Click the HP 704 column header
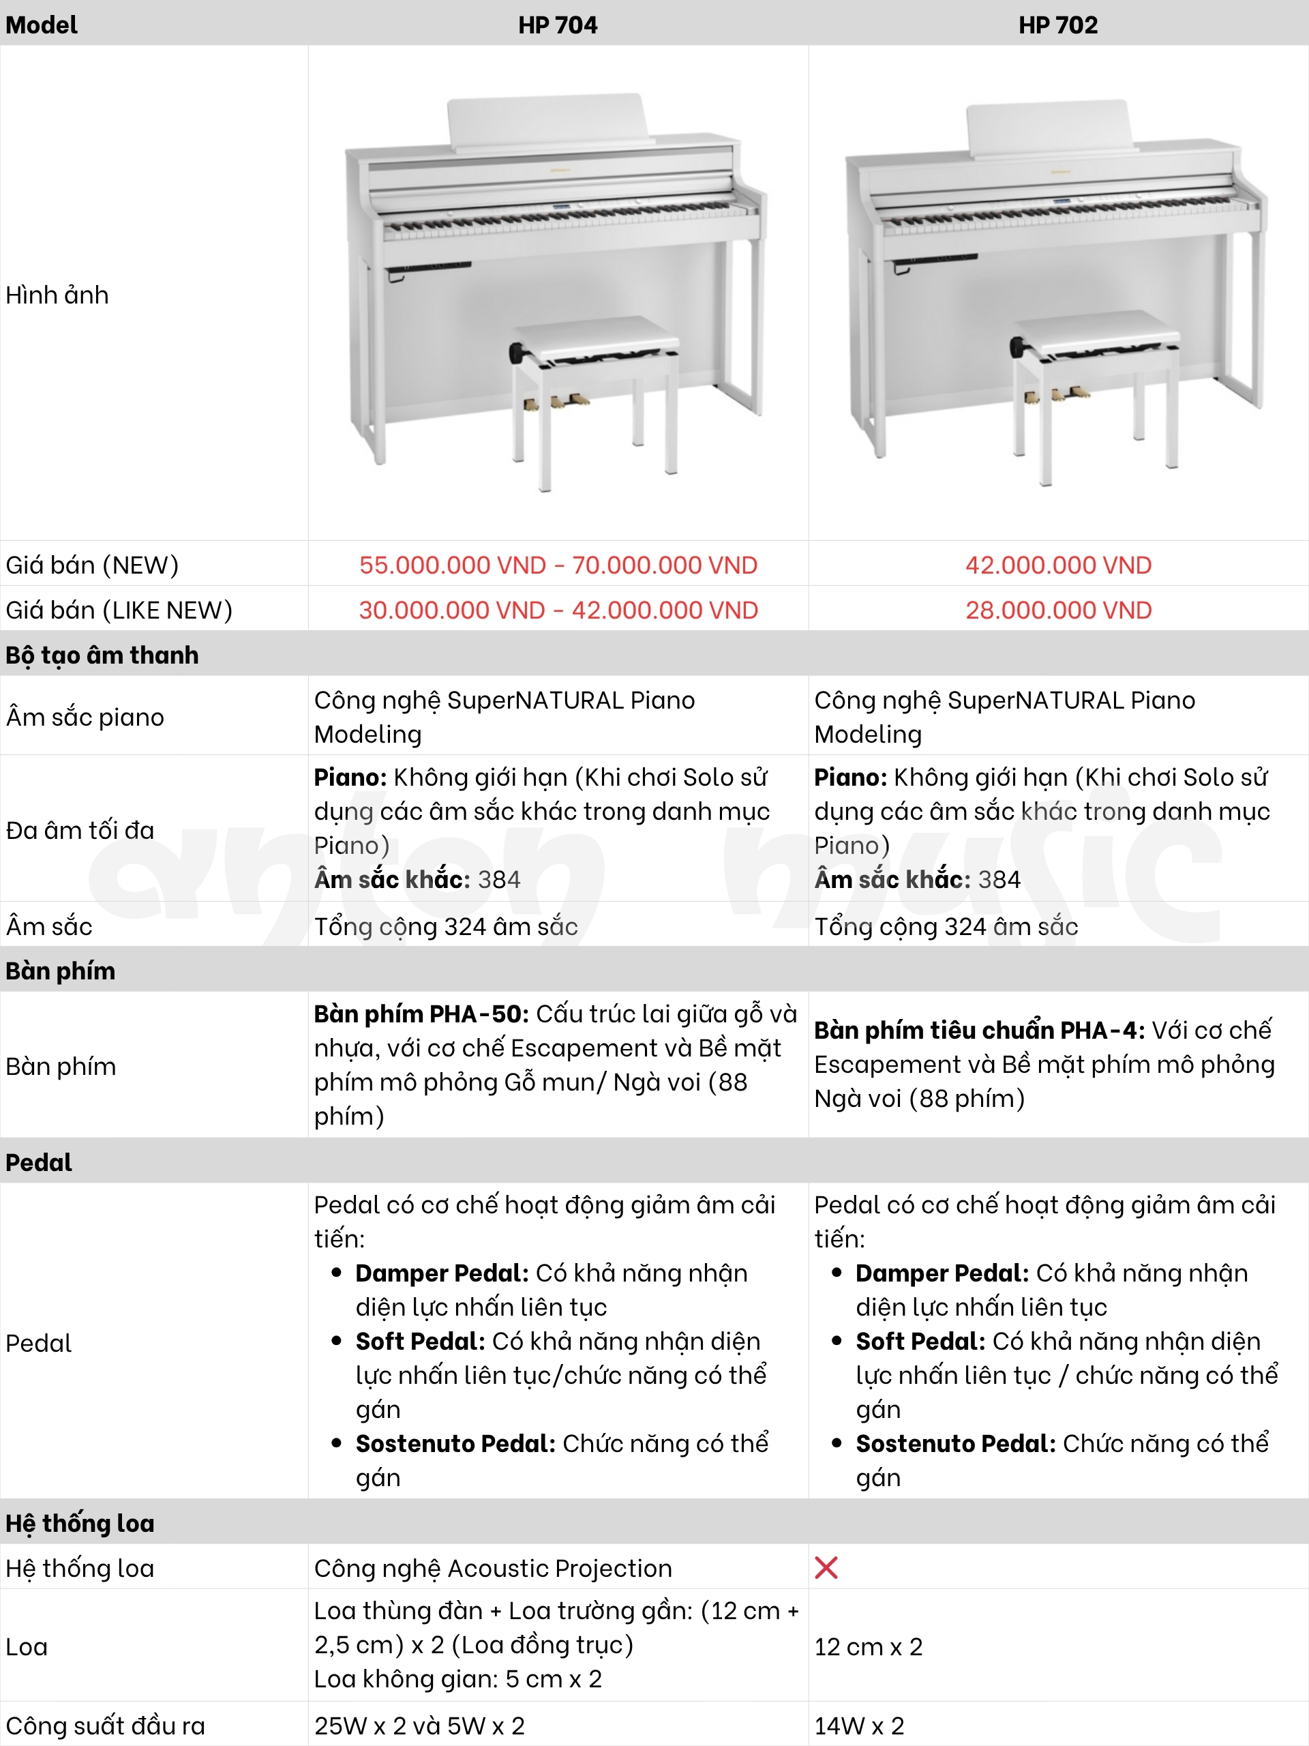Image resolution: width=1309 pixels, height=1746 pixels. coord(557,25)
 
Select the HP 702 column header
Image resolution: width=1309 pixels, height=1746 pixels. coord(1057,25)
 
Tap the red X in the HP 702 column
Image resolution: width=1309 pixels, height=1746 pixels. coord(826,1567)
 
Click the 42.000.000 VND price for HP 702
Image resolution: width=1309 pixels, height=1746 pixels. coord(1058,565)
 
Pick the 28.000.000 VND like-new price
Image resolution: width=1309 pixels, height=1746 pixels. coord(1058,610)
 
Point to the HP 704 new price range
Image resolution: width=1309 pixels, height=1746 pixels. coord(558,565)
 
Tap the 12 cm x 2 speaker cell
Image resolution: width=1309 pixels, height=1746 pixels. coord(868,1647)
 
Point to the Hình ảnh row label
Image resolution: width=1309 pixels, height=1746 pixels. coord(57,295)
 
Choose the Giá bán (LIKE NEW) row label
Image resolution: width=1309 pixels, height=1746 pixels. coord(119,610)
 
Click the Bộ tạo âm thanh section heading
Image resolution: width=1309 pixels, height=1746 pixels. coord(102,655)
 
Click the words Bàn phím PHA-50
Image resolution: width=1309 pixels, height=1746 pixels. coord(421,1013)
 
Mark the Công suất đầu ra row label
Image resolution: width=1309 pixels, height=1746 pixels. coord(105,1726)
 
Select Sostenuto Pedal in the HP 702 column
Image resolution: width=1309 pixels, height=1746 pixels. coord(954,1444)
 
